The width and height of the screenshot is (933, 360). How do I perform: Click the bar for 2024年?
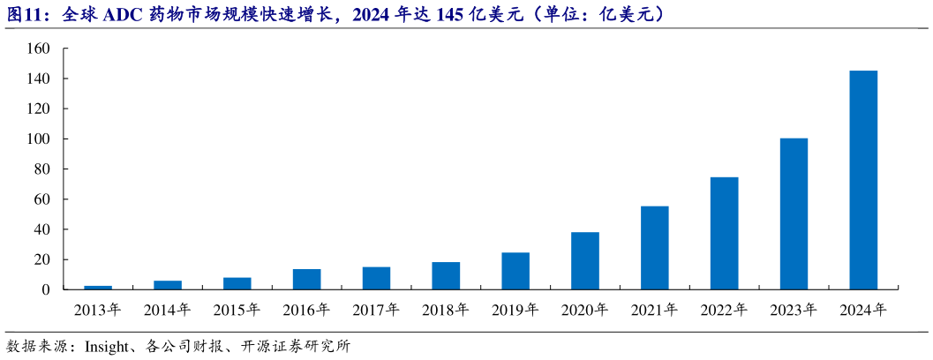[862, 180]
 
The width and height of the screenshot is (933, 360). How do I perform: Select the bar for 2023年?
[794, 214]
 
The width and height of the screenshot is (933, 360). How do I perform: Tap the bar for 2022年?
[724, 233]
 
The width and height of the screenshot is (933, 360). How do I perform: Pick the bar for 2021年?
[654, 248]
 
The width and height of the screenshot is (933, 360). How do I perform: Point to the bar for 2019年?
[515, 271]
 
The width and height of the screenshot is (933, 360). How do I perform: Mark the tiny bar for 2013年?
[97, 287]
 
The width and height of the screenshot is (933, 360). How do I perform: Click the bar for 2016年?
[306, 279]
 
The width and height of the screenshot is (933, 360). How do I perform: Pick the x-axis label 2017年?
[376, 310]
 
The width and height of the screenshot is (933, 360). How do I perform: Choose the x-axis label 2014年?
[167, 310]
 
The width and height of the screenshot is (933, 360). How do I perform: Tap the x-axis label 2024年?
[863, 310]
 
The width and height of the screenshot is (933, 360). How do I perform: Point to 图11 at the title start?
[25, 15]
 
